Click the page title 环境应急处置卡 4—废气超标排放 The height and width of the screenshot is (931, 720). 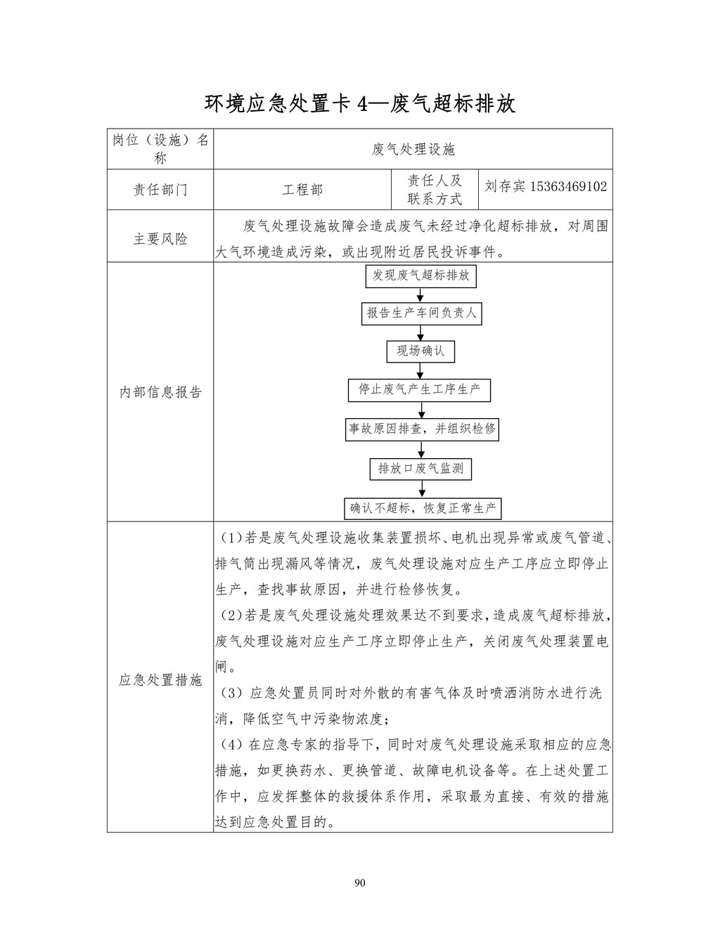click(360, 104)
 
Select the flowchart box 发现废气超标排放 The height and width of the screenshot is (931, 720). click(420, 275)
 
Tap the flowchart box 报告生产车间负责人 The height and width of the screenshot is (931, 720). click(420, 313)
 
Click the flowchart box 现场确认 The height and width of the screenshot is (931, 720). click(420, 351)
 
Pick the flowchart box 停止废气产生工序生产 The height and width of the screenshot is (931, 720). click(419, 389)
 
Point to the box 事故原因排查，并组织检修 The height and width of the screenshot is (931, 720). click(422, 429)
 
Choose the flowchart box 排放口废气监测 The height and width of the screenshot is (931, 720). click(420, 468)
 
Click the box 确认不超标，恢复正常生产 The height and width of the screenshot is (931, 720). click(423, 507)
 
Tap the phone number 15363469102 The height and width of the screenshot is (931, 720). click(568, 187)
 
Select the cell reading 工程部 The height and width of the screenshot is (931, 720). click(302, 190)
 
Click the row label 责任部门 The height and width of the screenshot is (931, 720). click(160, 190)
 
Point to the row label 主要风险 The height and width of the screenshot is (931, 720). click(160, 239)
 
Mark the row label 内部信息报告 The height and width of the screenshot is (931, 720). click(160, 392)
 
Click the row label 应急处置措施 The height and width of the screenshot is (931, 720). click(160, 679)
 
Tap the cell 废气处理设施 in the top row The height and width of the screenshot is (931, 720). click(413, 149)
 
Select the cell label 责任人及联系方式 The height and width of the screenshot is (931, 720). click(435, 190)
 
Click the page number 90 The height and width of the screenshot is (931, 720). click(360, 883)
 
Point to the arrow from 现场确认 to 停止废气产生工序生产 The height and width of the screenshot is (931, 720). click(420, 371)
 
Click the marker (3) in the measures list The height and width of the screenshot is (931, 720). click(231, 693)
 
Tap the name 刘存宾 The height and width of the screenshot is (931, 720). click(505, 187)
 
